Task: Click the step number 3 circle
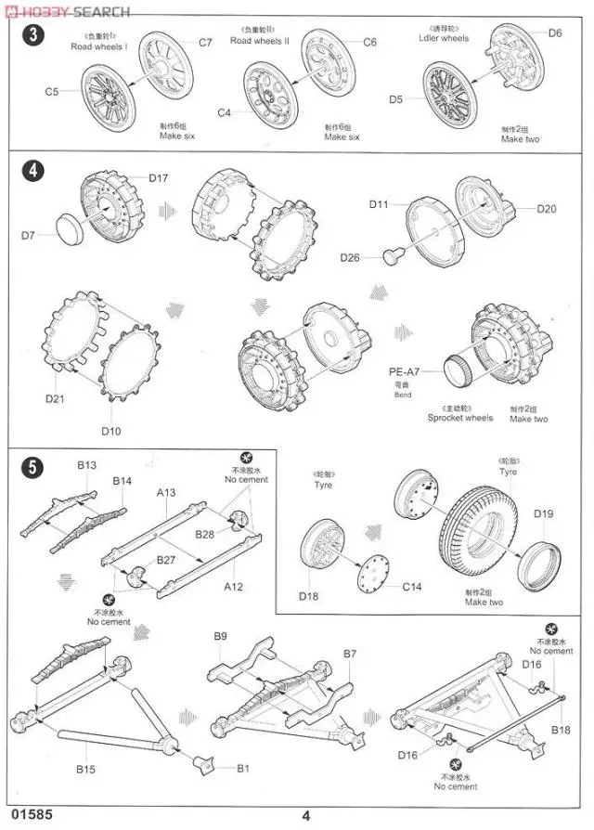point(33,36)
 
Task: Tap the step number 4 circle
point(33,172)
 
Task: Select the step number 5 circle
point(33,468)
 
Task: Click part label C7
point(205,43)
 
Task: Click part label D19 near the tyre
point(543,513)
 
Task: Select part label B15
point(85,768)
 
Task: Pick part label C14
point(412,587)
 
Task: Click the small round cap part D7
point(71,226)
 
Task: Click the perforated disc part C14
point(377,574)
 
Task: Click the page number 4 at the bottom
point(305,817)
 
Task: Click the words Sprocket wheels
point(460,419)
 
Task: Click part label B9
point(220,636)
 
